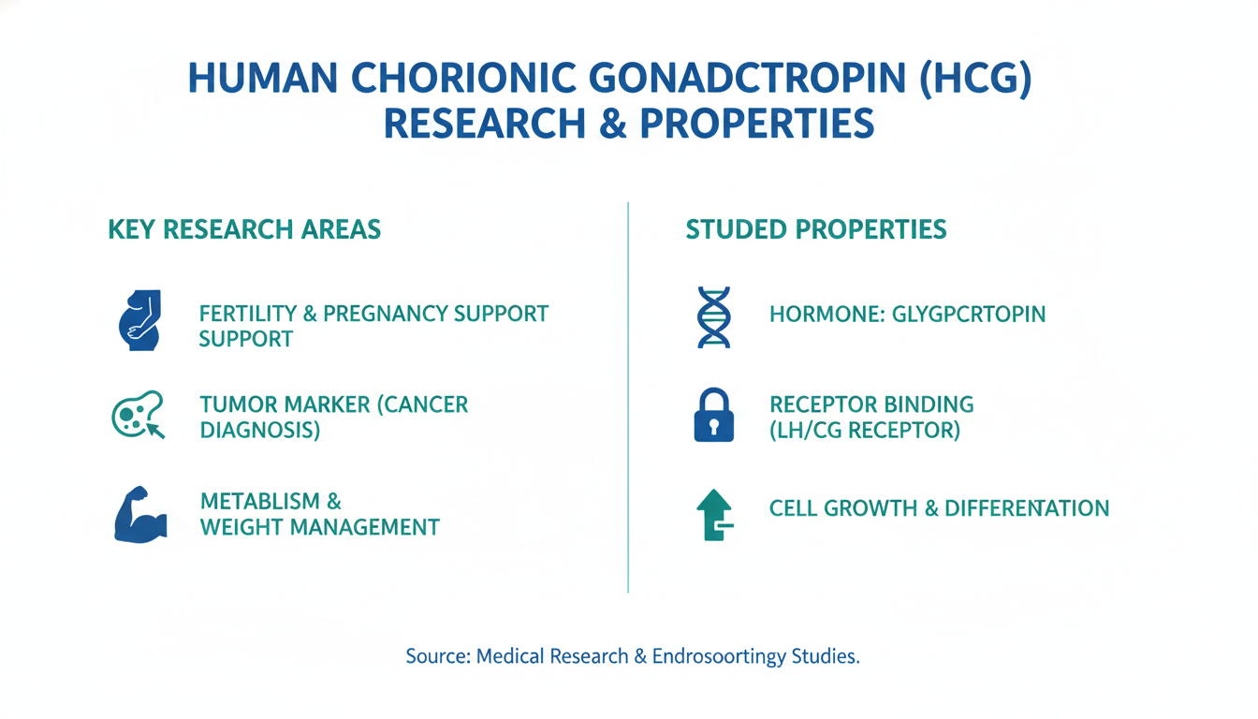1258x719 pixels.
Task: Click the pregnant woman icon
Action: pyautogui.click(x=139, y=321)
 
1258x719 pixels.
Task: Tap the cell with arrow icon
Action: pyautogui.click(x=139, y=415)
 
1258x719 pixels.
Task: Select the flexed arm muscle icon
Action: pyautogui.click(x=140, y=515)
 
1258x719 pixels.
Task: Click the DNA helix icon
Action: pyautogui.click(x=714, y=317)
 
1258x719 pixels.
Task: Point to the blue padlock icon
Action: pyautogui.click(x=714, y=415)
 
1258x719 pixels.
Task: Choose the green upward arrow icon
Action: pyautogui.click(x=714, y=515)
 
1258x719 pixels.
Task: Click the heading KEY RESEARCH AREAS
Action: pyautogui.click(x=244, y=229)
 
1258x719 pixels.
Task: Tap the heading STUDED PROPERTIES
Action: pyautogui.click(x=816, y=229)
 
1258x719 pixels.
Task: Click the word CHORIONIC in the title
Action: pyautogui.click(x=464, y=78)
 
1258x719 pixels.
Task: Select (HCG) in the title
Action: pyautogui.click(x=976, y=79)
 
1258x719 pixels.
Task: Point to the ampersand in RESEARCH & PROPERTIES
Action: pyautogui.click(x=613, y=124)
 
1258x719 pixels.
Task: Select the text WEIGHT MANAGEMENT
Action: pyautogui.click(x=319, y=527)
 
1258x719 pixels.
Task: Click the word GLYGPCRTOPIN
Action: pyautogui.click(x=969, y=314)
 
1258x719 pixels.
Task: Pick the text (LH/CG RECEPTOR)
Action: pyautogui.click(x=865, y=431)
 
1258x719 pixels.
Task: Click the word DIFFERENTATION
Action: pyautogui.click(x=1027, y=508)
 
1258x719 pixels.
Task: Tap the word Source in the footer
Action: pyautogui.click(x=438, y=656)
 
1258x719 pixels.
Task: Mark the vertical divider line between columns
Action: pyautogui.click(x=628, y=397)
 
